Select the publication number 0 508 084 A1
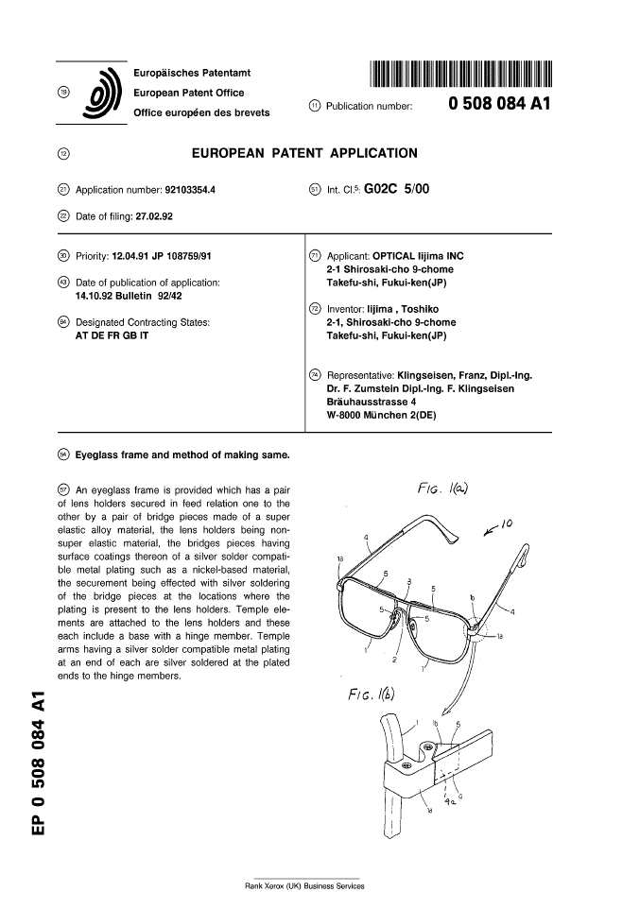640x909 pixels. pos(498,105)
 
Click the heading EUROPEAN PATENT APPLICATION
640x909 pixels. pos(304,153)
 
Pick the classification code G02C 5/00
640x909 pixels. pos(397,189)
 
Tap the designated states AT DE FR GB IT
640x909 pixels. pos(98,334)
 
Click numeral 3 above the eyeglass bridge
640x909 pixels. pos(408,580)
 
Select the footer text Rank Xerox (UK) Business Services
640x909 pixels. pos(304,885)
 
